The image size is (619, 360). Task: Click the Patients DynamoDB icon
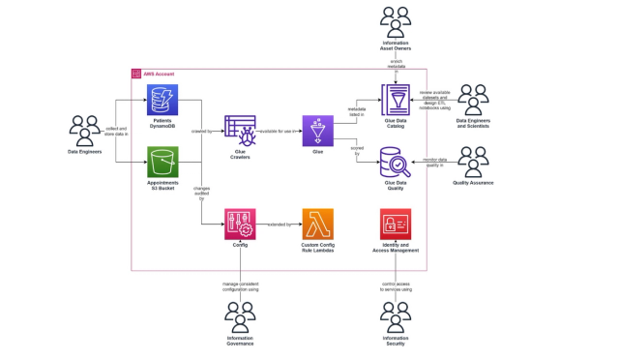click(161, 100)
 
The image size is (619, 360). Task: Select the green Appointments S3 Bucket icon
click(161, 161)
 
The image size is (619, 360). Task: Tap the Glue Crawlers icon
click(239, 130)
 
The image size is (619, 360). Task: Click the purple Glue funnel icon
click(317, 130)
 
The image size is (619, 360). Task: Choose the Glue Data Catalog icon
click(396, 100)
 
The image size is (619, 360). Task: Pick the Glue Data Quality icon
click(396, 161)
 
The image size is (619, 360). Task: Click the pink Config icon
click(239, 224)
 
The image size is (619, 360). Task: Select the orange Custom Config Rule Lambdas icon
click(317, 224)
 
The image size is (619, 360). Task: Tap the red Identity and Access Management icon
click(396, 224)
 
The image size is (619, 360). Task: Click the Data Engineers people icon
click(85, 130)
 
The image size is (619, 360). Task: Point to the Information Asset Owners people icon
click(396, 20)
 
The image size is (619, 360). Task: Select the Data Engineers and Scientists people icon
click(474, 99)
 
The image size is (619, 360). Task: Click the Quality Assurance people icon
click(474, 161)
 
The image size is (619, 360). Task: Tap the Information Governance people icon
click(239, 315)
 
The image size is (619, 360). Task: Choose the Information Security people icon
click(396, 315)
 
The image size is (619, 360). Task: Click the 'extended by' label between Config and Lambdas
click(280, 224)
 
